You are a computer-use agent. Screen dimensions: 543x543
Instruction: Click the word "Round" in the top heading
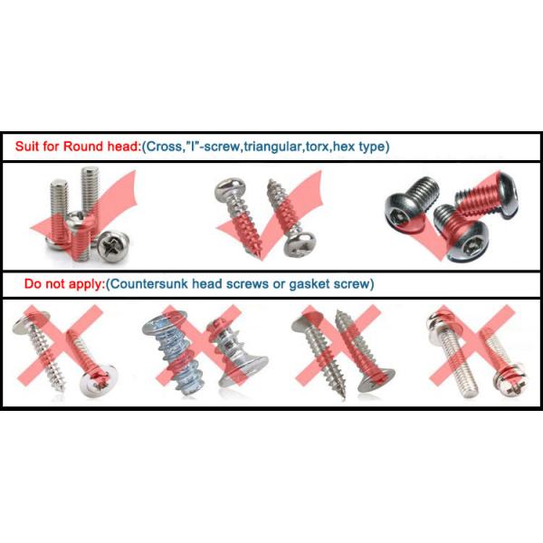(x=83, y=147)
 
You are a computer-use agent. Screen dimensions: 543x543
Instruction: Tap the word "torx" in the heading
(x=319, y=147)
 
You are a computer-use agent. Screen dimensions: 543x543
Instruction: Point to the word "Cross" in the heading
(x=164, y=147)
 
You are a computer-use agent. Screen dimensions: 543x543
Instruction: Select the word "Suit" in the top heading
(x=27, y=147)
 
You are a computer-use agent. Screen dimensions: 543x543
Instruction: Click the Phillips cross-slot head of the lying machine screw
(x=113, y=245)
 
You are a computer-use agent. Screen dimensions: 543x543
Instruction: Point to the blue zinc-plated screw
(x=171, y=349)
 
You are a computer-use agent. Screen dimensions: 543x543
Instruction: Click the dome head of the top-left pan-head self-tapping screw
(x=225, y=189)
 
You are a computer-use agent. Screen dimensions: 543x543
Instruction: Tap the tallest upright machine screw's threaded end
(x=90, y=174)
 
